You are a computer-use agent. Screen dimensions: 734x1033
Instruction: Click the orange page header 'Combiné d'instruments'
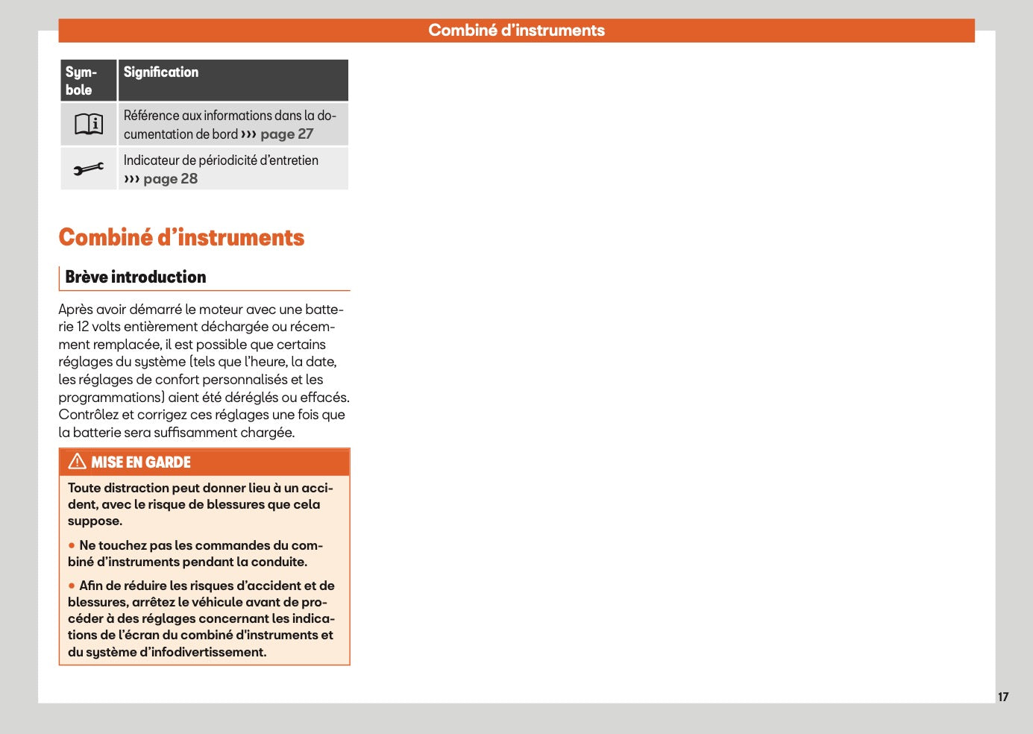(x=516, y=31)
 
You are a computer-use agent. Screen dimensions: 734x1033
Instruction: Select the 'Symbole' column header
(x=81, y=81)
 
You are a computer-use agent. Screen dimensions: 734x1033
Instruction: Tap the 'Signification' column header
(x=161, y=72)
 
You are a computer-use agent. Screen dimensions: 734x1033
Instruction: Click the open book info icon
(x=89, y=124)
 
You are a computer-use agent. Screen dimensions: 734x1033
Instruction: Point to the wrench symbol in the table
(x=89, y=169)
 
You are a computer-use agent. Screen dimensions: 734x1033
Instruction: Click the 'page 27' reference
(x=286, y=134)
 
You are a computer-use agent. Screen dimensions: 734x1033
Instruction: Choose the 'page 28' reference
(x=170, y=179)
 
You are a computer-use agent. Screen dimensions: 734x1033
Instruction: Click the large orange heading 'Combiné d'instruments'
(x=181, y=237)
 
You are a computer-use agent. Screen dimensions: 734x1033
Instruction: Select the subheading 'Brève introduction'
(x=136, y=277)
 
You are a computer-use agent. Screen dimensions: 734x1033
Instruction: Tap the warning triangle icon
(x=77, y=462)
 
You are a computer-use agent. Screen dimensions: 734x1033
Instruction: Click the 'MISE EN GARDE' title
(x=141, y=462)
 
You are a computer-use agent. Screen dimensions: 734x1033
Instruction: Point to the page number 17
(x=1003, y=697)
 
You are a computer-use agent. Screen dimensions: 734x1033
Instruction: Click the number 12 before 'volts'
(x=83, y=327)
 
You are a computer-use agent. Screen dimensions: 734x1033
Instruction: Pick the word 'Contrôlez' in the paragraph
(x=88, y=415)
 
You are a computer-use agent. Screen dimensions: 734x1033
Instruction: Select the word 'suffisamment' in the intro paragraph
(x=195, y=433)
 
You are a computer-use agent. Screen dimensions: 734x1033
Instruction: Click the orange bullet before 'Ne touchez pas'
(x=72, y=545)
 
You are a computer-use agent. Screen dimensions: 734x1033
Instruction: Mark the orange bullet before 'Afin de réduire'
(x=72, y=586)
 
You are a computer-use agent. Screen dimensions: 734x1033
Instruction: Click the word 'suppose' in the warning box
(x=94, y=521)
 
